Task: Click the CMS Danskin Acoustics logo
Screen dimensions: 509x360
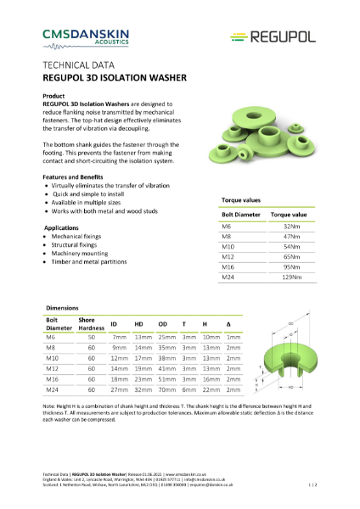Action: (86, 35)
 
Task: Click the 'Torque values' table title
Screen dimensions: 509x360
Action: (240, 200)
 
